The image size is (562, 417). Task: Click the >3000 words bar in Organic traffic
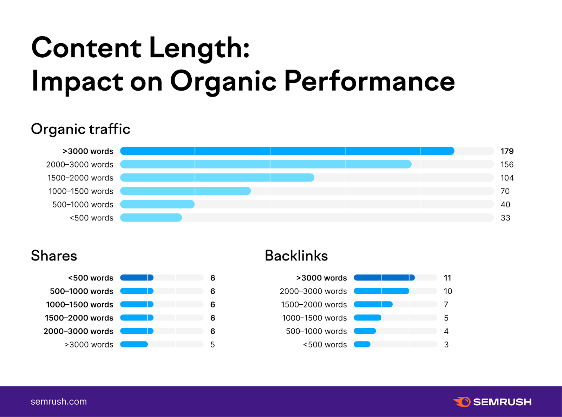287,151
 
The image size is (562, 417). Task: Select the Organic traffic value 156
507,165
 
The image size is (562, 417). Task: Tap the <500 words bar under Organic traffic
151,218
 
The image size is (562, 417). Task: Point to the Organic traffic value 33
505,218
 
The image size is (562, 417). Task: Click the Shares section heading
54,256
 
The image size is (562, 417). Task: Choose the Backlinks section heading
296,256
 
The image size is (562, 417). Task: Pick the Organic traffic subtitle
80,129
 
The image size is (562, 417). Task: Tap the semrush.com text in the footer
59,402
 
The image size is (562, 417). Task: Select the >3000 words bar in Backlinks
384,278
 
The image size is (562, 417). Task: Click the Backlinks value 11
447,278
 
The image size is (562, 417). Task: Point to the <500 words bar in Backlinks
362,344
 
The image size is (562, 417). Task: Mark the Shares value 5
213,345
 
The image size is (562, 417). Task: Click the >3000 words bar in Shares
134,344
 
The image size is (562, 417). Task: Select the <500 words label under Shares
91,278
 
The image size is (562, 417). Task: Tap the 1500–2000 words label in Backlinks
314,305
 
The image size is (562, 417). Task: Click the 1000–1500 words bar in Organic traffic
185,191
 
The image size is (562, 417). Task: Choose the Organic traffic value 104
507,178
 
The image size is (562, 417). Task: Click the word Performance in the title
369,81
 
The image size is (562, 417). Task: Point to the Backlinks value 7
446,305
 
